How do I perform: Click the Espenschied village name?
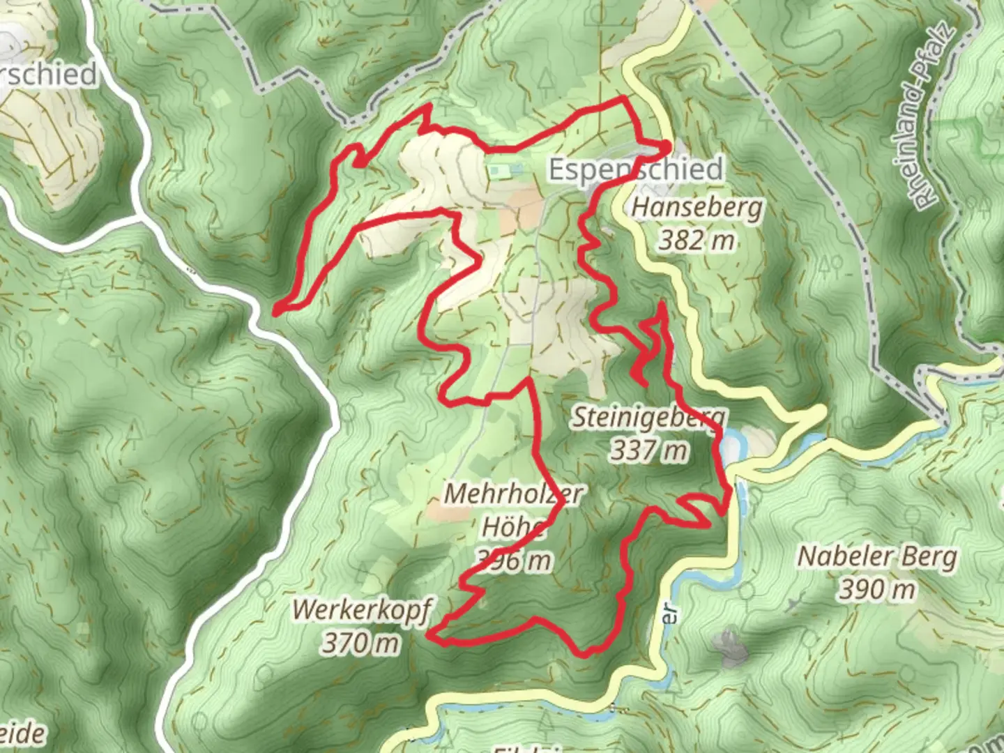coord(635,169)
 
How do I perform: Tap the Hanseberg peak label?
coord(697,208)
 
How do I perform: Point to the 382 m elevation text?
coord(697,241)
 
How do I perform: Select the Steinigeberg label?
coord(648,418)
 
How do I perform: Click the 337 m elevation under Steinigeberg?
coord(649,451)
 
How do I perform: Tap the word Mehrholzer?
coord(513,494)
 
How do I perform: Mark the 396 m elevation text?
coord(514,560)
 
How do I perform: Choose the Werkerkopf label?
coord(361,609)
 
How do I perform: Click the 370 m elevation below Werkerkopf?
coord(360,642)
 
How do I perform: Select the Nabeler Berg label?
coord(876,556)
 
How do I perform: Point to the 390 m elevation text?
coord(876,590)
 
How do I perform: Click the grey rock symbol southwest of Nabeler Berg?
coord(729,645)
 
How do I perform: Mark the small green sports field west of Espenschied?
coord(505,170)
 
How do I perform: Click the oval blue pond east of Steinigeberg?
coord(731,446)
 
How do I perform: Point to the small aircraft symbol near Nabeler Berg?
coord(793,603)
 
